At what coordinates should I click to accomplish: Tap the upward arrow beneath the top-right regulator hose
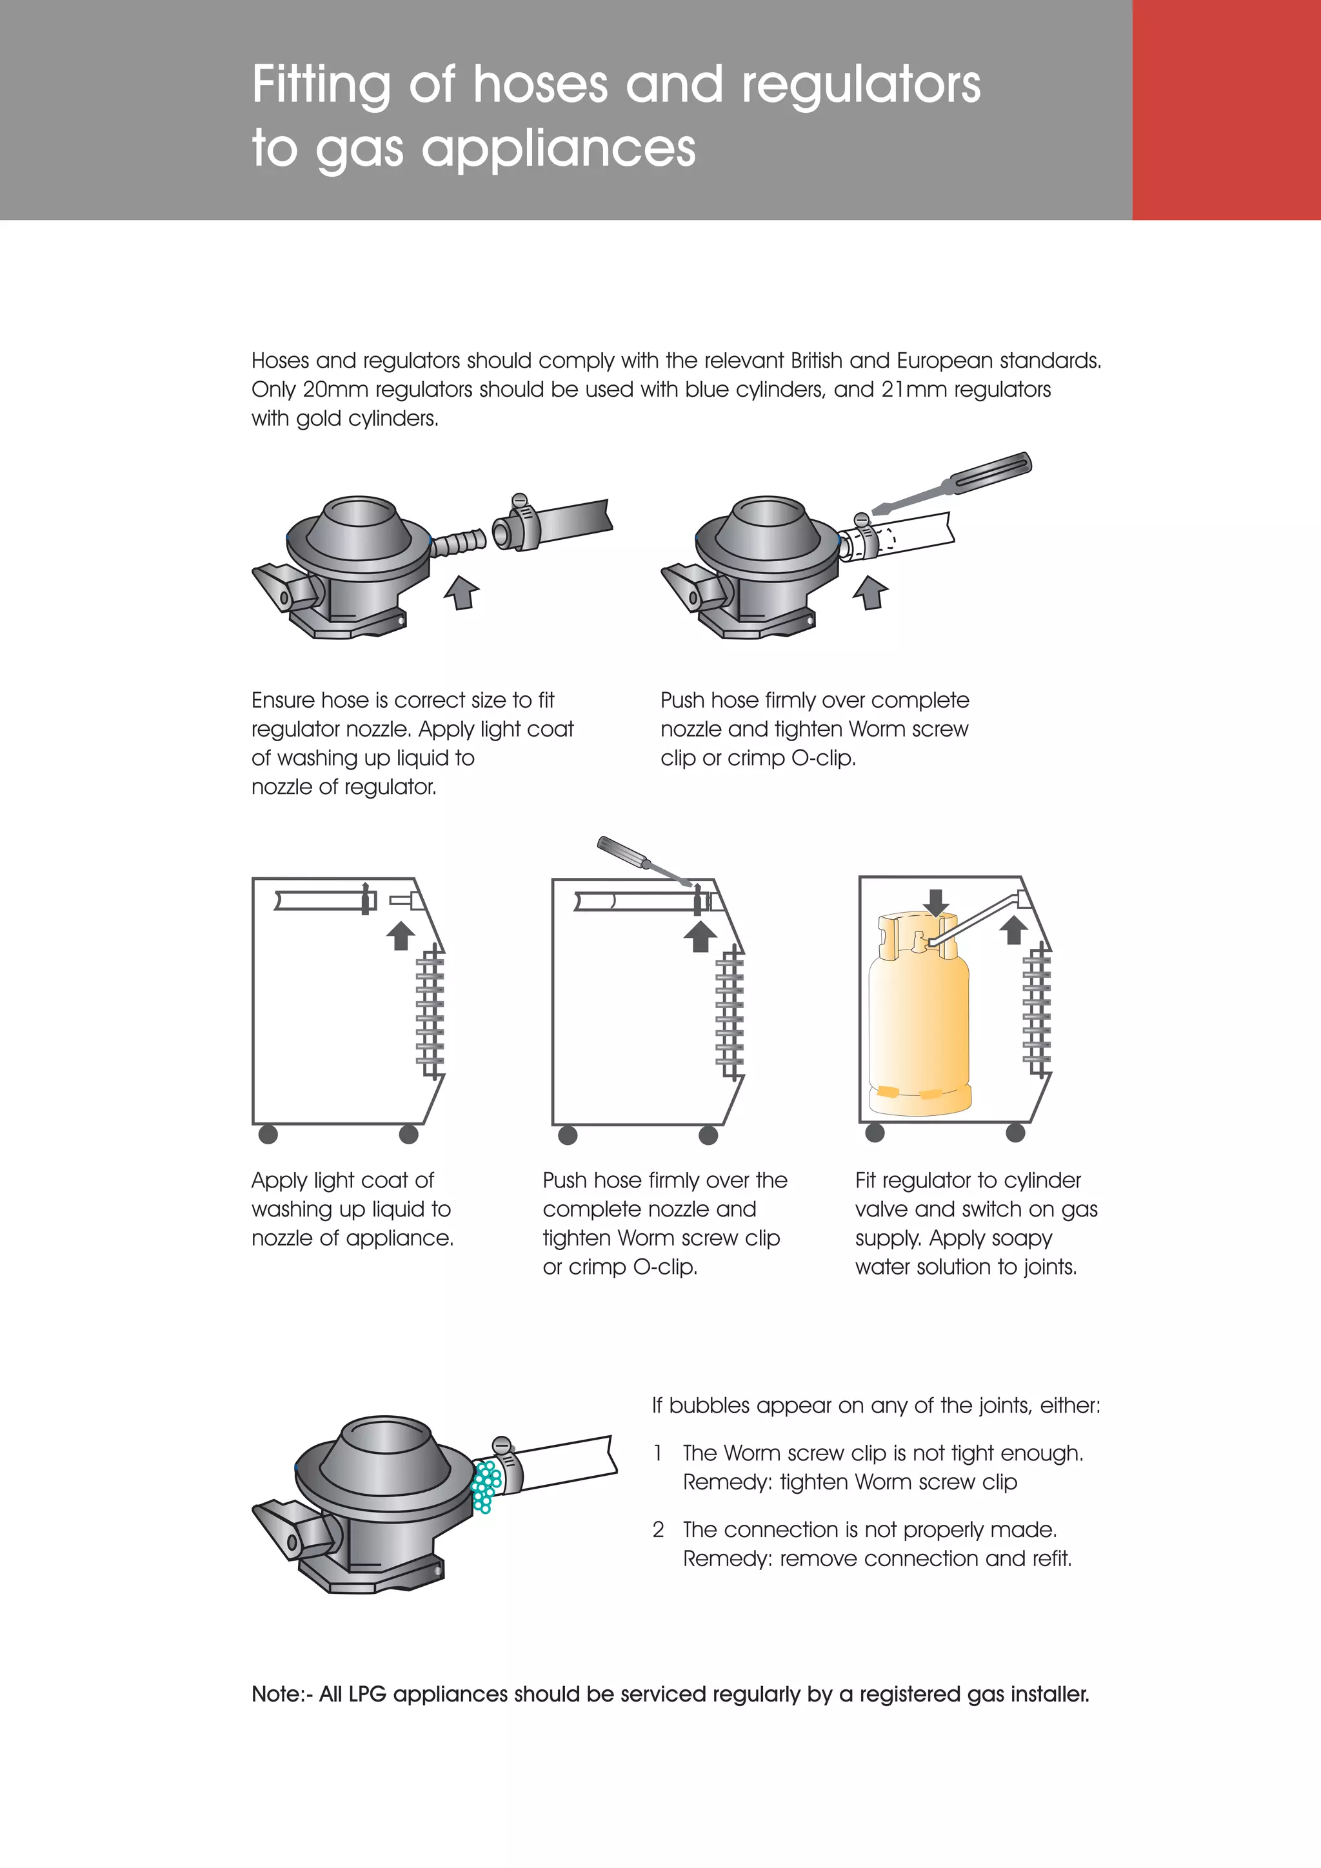[x=871, y=591]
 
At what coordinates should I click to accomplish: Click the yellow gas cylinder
[x=920, y=1025]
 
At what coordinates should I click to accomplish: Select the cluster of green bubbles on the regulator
[x=486, y=1486]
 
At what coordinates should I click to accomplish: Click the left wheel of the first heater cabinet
[x=268, y=1134]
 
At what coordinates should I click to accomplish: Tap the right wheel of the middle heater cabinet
[x=708, y=1135]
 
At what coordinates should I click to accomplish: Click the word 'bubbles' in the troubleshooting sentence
[x=708, y=1405]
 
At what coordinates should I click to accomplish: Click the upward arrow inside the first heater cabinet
[x=400, y=936]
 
